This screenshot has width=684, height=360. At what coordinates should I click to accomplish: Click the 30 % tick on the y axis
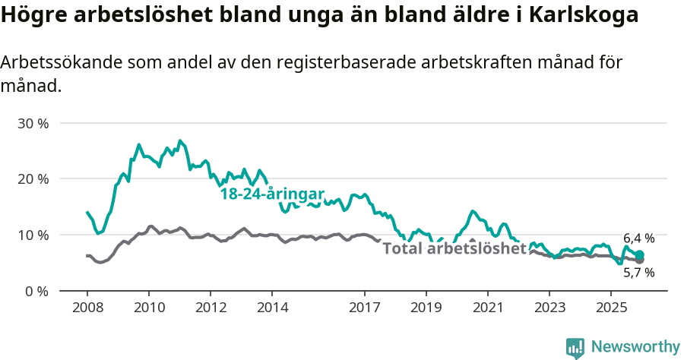[x=33, y=123]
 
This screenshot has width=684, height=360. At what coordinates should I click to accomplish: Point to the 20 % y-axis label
[x=33, y=179]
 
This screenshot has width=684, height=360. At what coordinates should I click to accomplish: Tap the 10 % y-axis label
[x=33, y=235]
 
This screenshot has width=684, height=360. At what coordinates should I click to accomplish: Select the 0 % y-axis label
[x=36, y=291]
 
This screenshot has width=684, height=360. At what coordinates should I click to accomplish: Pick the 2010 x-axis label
[x=149, y=308]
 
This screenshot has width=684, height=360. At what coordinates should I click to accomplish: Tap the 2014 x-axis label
[x=272, y=308]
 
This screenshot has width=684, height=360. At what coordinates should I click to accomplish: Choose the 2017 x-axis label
[x=364, y=308]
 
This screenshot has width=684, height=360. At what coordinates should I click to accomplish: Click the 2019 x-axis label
[x=426, y=308]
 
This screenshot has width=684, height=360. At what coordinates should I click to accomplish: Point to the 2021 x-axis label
[x=487, y=308]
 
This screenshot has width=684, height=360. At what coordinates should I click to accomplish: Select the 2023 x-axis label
[x=549, y=308]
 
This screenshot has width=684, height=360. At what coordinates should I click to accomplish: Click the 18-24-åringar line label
[x=272, y=194]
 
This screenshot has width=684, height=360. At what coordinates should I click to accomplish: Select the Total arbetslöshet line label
[x=454, y=248]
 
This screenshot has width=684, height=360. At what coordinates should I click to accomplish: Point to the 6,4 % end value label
[x=638, y=238]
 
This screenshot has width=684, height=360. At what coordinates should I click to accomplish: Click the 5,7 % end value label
[x=638, y=272]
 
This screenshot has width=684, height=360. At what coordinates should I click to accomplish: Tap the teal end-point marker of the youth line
[x=639, y=255]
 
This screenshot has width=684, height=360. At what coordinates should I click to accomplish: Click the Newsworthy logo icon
[x=575, y=348]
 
